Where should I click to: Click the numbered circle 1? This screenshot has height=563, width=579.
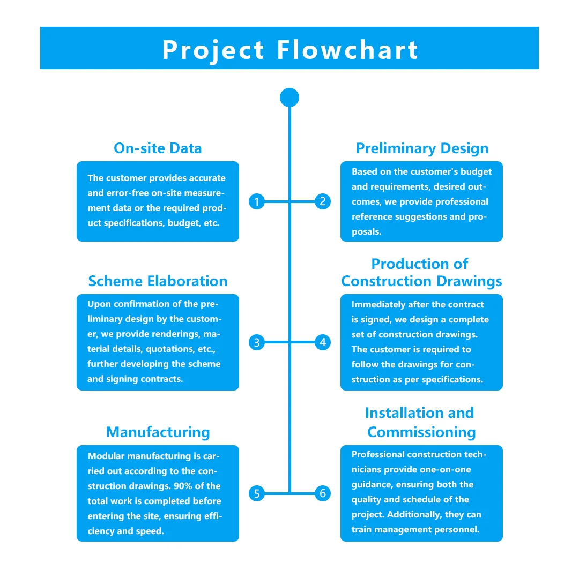(257, 201)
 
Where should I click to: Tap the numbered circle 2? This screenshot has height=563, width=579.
(322, 201)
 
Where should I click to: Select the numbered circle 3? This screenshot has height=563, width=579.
(257, 342)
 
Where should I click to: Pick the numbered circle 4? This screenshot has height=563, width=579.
(322, 342)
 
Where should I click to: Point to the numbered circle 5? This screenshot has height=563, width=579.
(257, 493)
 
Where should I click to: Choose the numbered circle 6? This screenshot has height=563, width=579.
(322, 493)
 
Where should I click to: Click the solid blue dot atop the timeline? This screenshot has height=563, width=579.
(289, 97)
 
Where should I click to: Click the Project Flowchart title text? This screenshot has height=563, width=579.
(289, 49)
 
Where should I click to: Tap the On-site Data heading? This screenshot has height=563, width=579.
(158, 148)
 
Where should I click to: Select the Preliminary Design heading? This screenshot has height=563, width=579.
(422, 148)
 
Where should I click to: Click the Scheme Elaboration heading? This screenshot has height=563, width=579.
(158, 281)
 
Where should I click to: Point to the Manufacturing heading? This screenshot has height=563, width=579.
(158, 432)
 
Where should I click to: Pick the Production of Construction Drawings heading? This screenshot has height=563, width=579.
(421, 273)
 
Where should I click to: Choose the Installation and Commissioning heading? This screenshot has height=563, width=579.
(421, 423)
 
